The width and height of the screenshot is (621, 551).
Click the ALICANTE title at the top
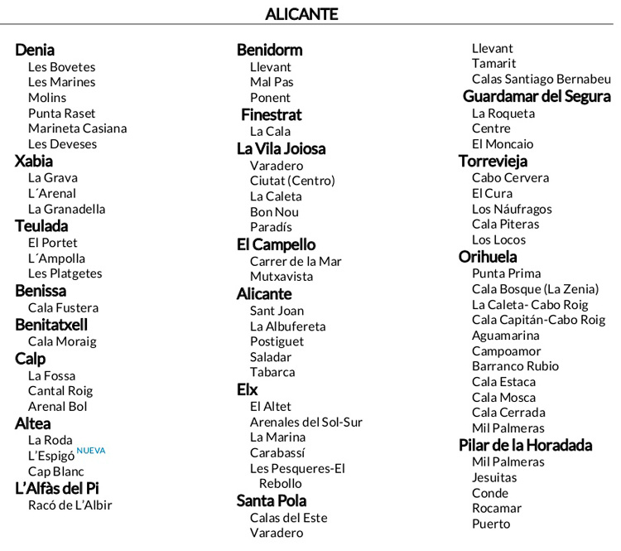coord(301,14)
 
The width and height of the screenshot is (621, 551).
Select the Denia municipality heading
coord(35,50)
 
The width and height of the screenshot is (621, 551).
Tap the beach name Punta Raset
coord(61,113)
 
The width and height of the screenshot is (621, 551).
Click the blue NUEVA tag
coord(91,451)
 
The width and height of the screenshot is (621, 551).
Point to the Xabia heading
coord(34,161)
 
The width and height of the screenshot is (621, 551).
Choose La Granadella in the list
coord(66,209)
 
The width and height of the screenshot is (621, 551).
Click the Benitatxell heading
coord(51,325)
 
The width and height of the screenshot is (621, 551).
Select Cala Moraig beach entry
coord(62,341)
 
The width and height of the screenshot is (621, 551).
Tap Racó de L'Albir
coord(70,505)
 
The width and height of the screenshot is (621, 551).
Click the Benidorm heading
coord(269,50)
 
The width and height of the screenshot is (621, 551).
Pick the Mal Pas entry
coord(272,82)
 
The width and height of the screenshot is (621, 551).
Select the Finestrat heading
coord(272,114)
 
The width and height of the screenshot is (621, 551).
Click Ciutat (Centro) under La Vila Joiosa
coord(292,181)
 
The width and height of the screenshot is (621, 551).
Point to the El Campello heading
coord(276,244)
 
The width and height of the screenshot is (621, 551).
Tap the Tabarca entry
coord(272,372)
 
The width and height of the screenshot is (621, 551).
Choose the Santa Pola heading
coord(272,500)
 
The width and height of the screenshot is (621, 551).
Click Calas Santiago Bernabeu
coord(542,79)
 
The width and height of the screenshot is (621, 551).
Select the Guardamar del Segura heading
coord(536,96)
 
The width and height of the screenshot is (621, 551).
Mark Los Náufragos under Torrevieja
coord(512,209)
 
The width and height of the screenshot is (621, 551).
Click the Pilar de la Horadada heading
coord(525,445)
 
